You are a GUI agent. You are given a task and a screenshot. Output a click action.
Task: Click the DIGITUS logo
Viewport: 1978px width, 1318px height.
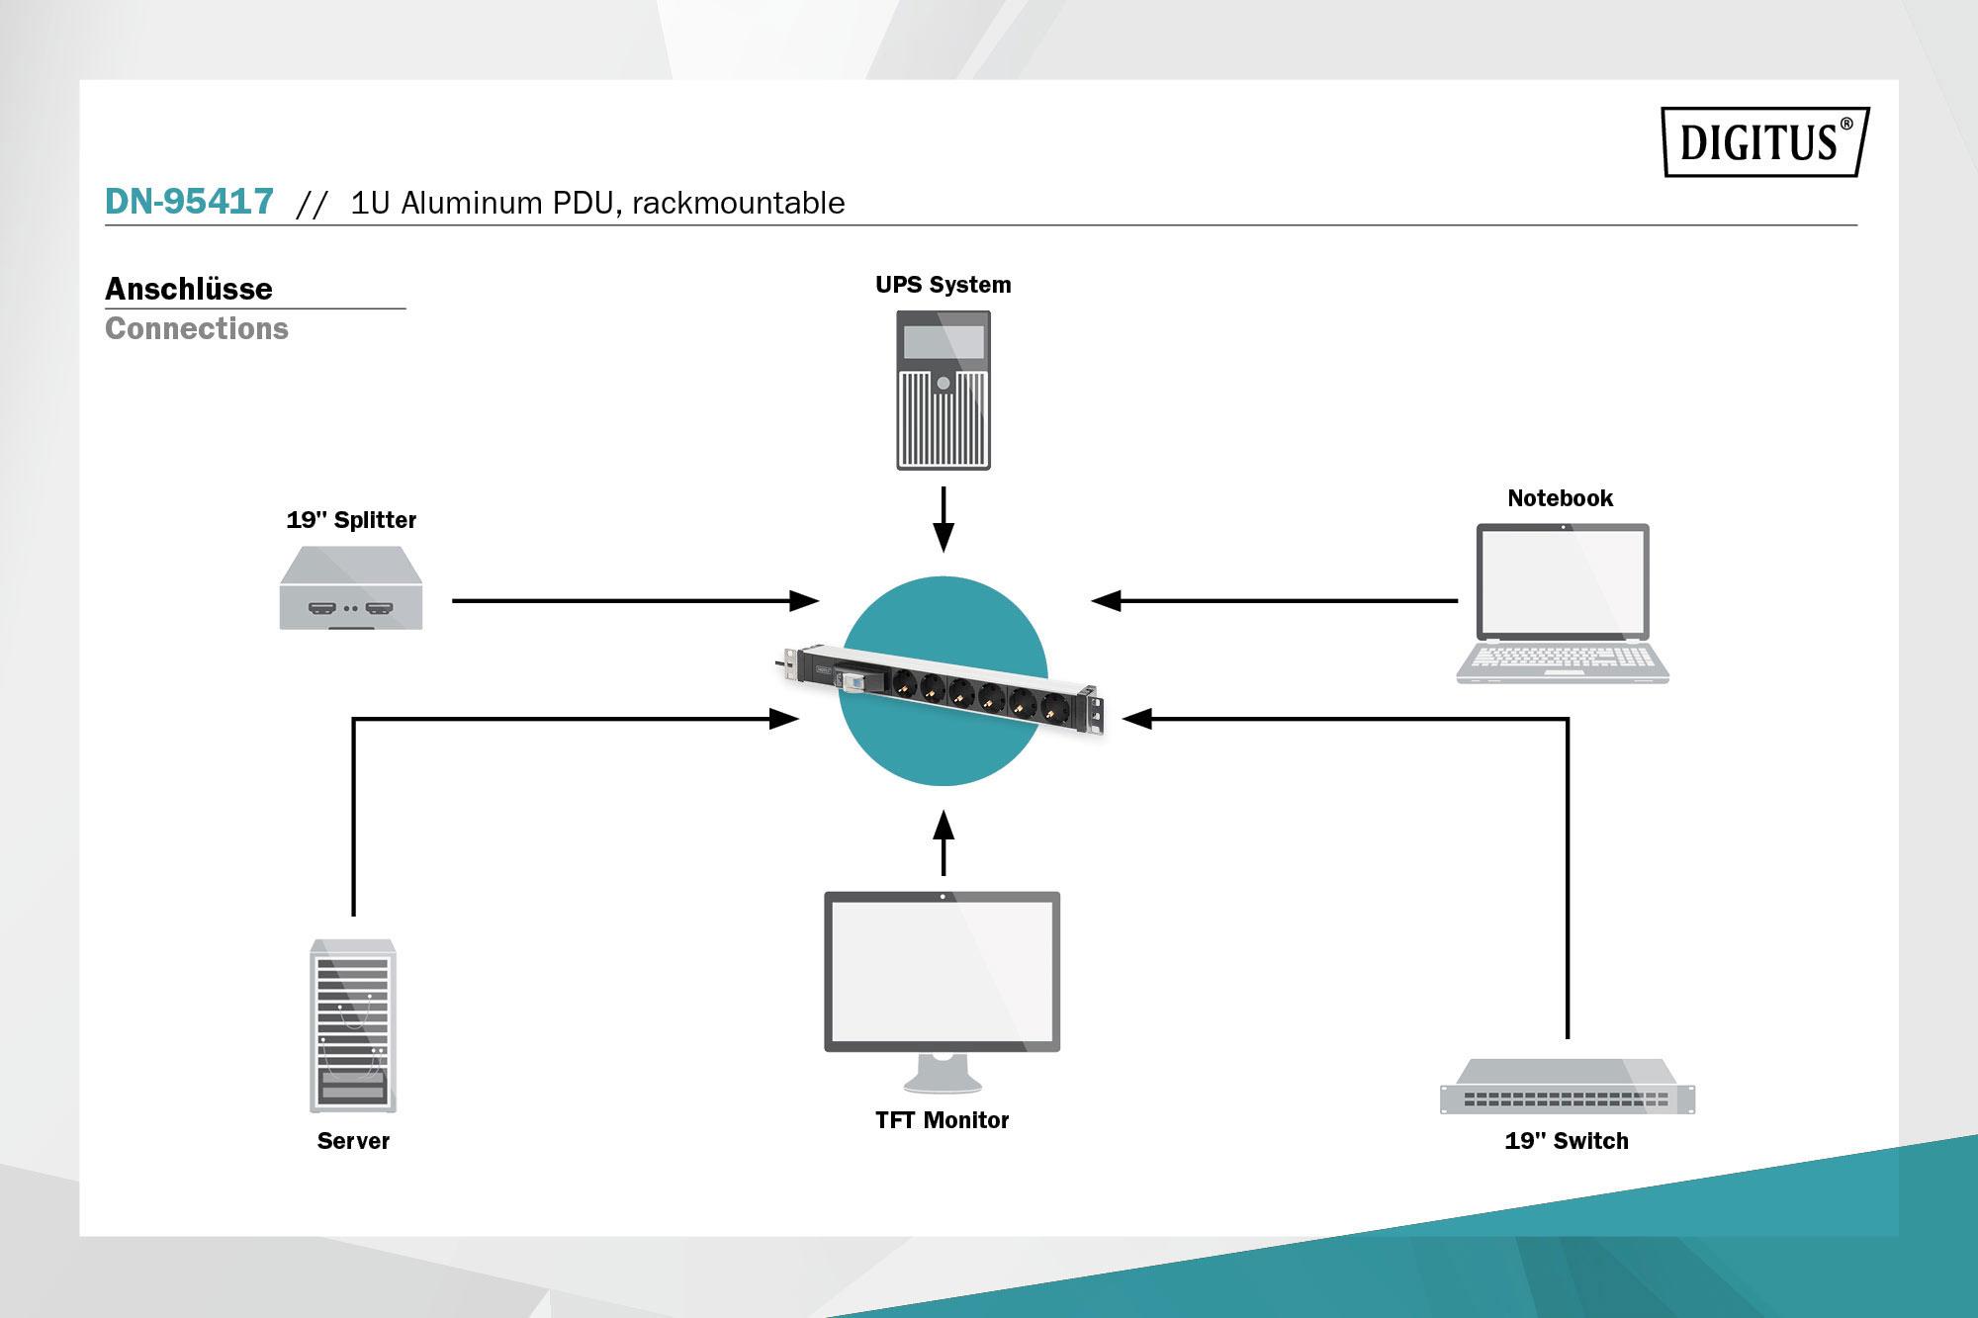(x=1764, y=141)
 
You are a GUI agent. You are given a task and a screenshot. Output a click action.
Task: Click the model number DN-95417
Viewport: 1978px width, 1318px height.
(x=189, y=202)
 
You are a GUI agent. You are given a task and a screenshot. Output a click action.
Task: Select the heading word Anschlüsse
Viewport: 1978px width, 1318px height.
(x=189, y=289)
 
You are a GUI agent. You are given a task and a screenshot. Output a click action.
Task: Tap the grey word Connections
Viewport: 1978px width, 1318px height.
(x=197, y=328)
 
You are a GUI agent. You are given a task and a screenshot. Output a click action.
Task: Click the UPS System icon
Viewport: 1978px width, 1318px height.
(x=944, y=391)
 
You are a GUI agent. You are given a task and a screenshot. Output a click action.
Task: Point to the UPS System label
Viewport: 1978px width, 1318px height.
(x=944, y=285)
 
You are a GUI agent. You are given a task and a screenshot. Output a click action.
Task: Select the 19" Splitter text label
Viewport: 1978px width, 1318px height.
(x=351, y=520)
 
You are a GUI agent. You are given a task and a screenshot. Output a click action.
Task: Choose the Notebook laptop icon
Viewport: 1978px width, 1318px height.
(x=1563, y=603)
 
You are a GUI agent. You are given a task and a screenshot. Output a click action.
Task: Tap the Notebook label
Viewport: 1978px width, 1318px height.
(x=1560, y=498)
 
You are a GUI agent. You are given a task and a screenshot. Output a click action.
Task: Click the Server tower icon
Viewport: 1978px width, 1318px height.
(x=353, y=1025)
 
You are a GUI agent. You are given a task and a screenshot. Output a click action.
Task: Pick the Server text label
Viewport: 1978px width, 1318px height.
(x=353, y=1141)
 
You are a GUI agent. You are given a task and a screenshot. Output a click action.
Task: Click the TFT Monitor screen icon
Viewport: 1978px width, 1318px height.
(x=943, y=971)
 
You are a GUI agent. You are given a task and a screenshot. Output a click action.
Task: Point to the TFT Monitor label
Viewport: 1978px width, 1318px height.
(x=942, y=1120)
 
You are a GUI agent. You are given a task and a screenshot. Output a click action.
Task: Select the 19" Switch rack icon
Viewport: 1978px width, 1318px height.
(x=1568, y=1087)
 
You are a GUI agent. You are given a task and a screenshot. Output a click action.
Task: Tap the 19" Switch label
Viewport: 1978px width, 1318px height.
(x=1567, y=1141)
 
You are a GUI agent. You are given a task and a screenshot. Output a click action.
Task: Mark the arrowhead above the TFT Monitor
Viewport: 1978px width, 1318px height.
(x=944, y=825)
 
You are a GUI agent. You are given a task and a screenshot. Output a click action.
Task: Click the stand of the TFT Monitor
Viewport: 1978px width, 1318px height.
(x=943, y=1074)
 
